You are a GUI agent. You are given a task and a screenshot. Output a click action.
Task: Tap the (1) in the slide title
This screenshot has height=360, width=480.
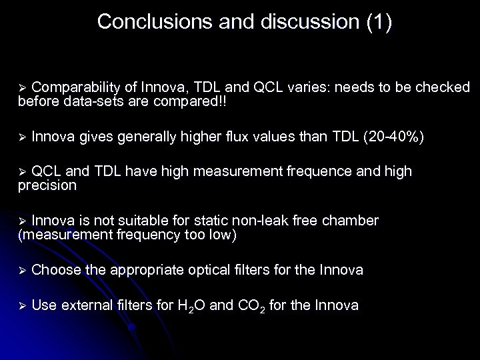point(379,21)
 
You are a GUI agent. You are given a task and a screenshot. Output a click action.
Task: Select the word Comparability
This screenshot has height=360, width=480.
point(75,87)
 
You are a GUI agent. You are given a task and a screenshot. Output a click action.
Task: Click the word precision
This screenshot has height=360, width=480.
point(47,187)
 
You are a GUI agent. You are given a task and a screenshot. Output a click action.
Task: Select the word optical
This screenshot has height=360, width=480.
point(211,270)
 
